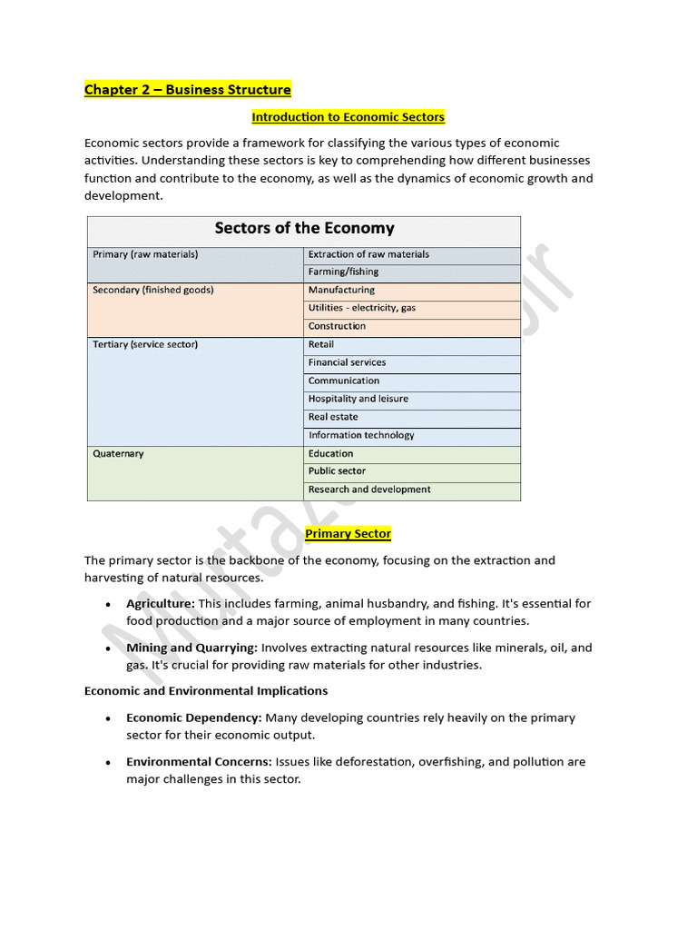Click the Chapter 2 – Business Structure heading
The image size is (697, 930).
(x=188, y=89)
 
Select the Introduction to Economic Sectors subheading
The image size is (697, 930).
(x=348, y=117)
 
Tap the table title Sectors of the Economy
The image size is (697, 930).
(x=304, y=228)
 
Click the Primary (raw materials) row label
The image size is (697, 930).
(x=145, y=254)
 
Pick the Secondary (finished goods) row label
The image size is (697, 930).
(x=152, y=291)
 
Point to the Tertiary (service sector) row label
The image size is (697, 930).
(x=145, y=345)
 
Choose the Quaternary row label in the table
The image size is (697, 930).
(x=118, y=453)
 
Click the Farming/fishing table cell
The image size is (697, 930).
(x=343, y=272)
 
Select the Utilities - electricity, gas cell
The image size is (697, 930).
(x=361, y=308)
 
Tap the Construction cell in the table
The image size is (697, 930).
(x=337, y=326)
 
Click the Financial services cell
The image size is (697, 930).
(x=347, y=362)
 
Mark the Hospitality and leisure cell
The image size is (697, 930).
(x=358, y=399)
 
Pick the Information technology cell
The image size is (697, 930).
(x=360, y=435)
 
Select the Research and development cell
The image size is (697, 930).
(x=368, y=490)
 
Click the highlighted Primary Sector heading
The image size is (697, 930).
(x=348, y=533)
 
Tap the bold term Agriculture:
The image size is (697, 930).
(x=161, y=603)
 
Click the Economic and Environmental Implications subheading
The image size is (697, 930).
(x=206, y=691)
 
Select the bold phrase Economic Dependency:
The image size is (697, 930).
(x=194, y=717)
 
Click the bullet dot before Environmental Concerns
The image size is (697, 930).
(x=108, y=763)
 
